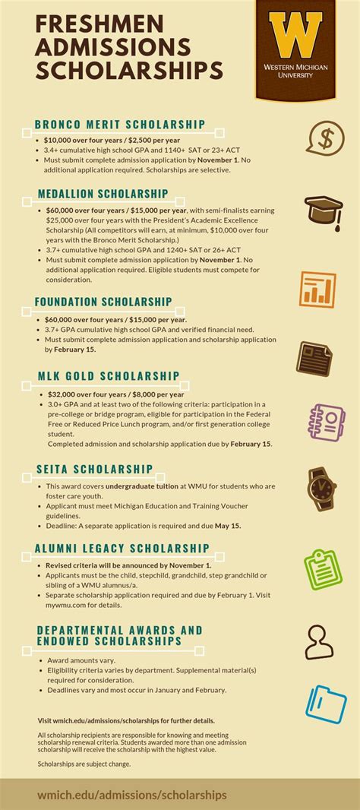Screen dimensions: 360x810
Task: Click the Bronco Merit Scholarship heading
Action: (120, 124)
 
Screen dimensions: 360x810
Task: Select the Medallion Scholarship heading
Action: (102, 194)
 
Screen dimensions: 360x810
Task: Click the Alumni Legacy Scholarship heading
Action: (122, 548)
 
